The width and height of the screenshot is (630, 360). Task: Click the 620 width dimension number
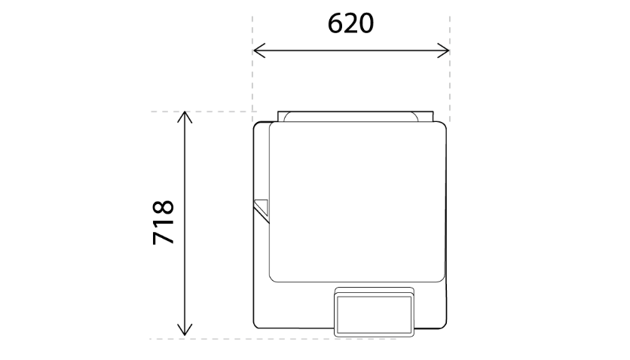(350, 23)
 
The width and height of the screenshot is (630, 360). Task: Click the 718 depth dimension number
(164, 222)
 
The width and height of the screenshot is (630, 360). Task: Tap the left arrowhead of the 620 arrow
(259, 50)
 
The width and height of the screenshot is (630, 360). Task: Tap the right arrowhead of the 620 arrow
(443, 50)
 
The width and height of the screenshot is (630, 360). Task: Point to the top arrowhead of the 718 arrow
(185, 117)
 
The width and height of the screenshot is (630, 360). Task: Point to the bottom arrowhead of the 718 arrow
(185, 330)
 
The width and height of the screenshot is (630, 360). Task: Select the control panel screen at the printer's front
(374, 315)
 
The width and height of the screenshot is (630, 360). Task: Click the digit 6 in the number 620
(335, 23)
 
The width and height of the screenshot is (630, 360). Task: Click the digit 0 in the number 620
(366, 23)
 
